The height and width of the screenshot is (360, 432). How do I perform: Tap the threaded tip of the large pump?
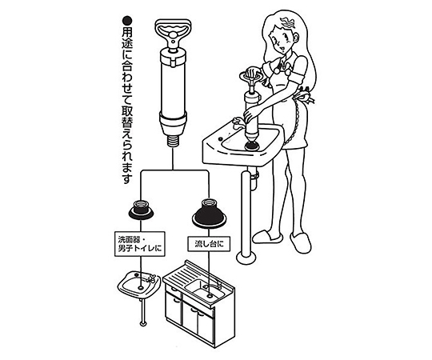coord(174,142)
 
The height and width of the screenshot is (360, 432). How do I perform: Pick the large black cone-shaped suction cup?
coord(209,214)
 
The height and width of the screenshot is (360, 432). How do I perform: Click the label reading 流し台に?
coord(209,243)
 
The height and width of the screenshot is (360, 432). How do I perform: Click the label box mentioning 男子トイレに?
coord(140,244)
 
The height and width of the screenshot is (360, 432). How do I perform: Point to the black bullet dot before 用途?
coord(127,22)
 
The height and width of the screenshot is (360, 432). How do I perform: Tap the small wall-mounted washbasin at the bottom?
coord(139,284)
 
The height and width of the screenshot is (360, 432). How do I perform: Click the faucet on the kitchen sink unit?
coord(213,286)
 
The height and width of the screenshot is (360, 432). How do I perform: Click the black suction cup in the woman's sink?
coord(252,145)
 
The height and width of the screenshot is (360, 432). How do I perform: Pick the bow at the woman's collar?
coord(283,67)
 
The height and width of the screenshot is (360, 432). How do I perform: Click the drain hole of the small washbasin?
coord(141,287)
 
